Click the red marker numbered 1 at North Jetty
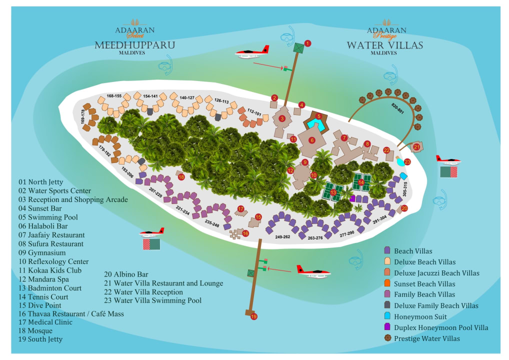point(307,43)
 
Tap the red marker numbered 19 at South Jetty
point(254,316)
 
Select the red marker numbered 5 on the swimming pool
point(318,116)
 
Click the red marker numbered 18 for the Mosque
point(181,177)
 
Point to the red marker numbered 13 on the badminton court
point(333,192)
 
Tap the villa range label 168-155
point(114,95)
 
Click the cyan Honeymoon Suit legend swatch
point(387,316)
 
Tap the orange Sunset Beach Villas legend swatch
point(387,283)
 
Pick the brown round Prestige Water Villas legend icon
point(387,338)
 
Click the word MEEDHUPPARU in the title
point(135,45)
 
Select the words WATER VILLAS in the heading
point(385,45)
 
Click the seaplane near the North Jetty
point(252,51)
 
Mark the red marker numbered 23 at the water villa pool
point(407,161)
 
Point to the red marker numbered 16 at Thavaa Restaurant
point(245,233)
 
